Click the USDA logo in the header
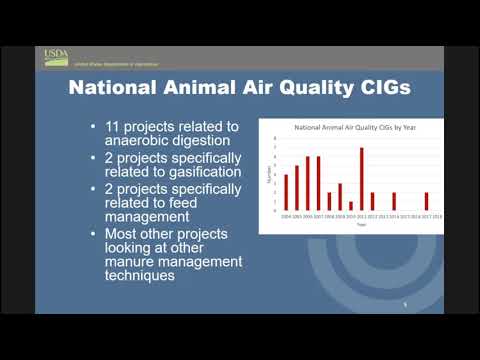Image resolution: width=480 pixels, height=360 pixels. (55, 55)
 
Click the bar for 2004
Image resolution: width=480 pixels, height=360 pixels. (286, 192)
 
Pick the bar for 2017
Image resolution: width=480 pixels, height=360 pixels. (426, 201)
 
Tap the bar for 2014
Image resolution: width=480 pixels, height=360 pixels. (393, 201)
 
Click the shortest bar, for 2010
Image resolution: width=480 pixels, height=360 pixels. (350, 205)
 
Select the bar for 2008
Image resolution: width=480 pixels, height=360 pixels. (329, 201)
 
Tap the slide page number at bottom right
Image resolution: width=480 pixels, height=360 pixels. (403, 304)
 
